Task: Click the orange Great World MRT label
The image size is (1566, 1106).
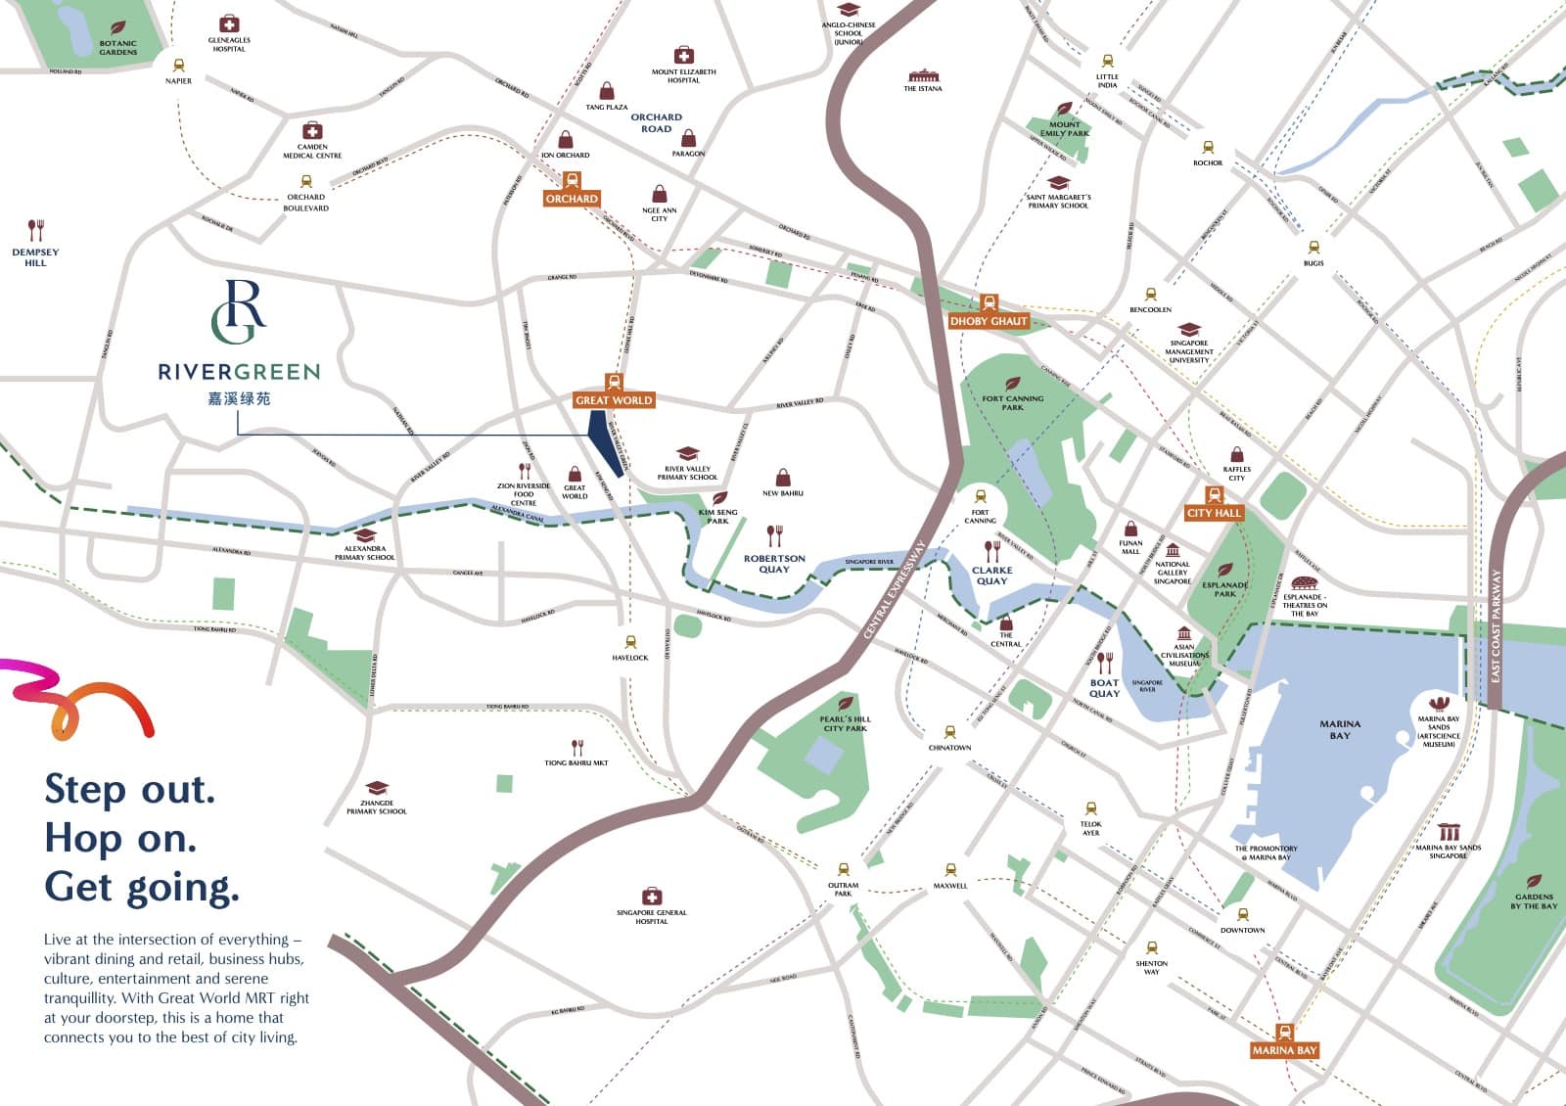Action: (x=614, y=400)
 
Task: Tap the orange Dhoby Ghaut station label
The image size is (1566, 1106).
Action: (x=989, y=321)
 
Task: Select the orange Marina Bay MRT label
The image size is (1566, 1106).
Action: (x=1284, y=1050)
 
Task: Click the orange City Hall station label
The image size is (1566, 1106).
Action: (x=1214, y=513)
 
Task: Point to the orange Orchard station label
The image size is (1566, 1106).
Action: (x=572, y=199)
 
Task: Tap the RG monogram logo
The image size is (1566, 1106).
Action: (x=239, y=311)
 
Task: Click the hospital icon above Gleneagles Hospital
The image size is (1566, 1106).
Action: (x=229, y=23)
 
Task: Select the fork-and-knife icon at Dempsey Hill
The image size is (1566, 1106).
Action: (x=35, y=230)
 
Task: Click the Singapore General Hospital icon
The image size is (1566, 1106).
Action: (x=652, y=897)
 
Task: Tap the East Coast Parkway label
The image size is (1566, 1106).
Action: (x=1496, y=626)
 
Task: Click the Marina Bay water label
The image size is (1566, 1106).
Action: (x=1340, y=729)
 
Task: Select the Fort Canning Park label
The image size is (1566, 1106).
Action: (x=1013, y=402)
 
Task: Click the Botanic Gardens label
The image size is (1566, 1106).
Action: (x=118, y=47)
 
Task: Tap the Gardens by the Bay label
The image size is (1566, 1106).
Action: (x=1534, y=900)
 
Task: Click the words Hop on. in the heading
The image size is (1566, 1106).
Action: (x=120, y=839)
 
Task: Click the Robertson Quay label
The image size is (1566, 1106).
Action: (x=774, y=563)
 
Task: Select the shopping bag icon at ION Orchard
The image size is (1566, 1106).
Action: (x=566, y=140)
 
